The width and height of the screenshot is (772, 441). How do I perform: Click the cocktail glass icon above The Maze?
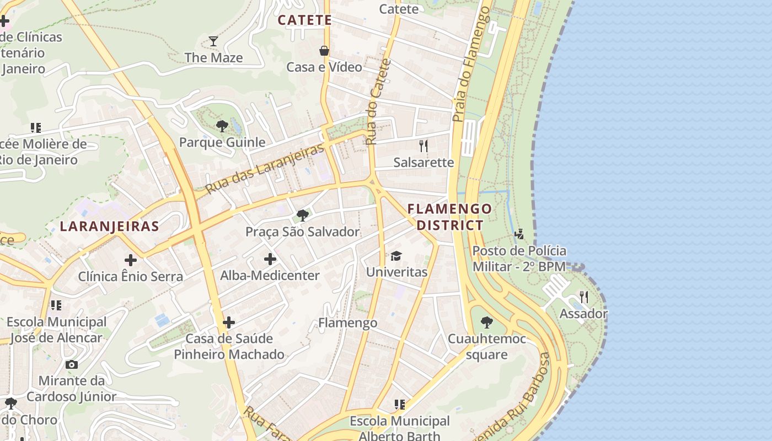213,41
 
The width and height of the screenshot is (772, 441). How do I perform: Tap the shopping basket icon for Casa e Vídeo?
324,51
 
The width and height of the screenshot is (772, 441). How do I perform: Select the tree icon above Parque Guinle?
222,126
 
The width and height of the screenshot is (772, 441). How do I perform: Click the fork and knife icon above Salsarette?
423,146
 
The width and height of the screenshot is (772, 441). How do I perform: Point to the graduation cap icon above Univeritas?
396,256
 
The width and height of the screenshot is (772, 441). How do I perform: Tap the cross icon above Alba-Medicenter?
270,259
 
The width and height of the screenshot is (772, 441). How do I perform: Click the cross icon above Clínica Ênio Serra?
131,260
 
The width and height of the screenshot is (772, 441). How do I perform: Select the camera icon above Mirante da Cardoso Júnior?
72,364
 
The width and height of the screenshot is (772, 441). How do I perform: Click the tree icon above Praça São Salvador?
302,216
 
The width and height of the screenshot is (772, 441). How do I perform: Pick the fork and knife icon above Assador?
584,298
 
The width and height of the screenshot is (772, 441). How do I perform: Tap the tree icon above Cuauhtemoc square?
486,322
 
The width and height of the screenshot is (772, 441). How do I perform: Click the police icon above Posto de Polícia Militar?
519,235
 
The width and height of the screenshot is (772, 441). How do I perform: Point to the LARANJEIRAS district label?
110,226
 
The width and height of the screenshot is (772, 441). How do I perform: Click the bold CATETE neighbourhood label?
305,20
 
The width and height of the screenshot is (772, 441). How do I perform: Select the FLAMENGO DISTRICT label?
449,217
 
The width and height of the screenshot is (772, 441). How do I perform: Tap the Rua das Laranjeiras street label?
264,169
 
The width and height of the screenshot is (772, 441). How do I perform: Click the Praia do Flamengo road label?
471,64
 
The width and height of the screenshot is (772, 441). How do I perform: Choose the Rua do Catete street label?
378,102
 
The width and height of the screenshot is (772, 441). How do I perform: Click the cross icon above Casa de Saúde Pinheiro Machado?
229,322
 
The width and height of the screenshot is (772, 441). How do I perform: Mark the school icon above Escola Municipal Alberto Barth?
400,405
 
